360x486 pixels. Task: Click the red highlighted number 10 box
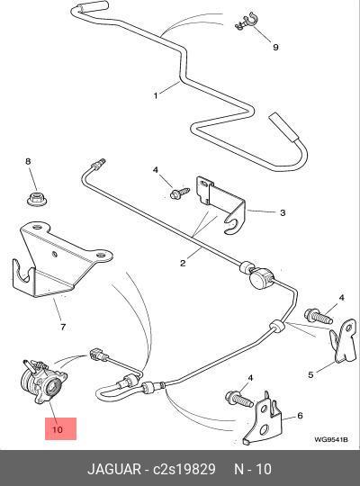click(61, 428)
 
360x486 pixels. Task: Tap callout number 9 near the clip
click(275, 47)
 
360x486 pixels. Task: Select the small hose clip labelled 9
click(246, 22)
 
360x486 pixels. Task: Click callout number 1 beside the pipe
click(156, 95)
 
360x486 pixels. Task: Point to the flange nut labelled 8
click(37, 199)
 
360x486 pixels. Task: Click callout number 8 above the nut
click(28, 161)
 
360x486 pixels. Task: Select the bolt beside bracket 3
click(180, 193)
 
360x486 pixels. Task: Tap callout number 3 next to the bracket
click(283, 212)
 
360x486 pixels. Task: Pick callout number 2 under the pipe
click(183, 263)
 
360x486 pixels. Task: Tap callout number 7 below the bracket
click(63, 327)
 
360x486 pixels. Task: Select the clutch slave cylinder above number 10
click(44, 382)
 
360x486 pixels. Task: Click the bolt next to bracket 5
click(319, 317)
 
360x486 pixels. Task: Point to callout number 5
click(310, 374)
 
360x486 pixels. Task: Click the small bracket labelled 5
click(343, 340)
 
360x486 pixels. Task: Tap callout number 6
click(300, 415)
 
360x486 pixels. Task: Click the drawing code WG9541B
click(331, 439)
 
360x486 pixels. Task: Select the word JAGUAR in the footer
click(113, 469)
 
